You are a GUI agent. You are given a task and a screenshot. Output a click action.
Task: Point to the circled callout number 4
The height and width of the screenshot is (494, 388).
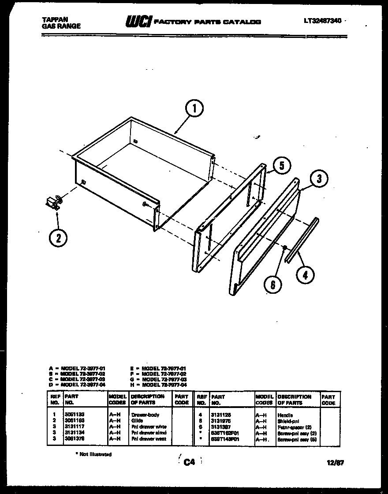(x=306, y=275)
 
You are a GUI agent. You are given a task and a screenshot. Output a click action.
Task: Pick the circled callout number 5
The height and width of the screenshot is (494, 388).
(x=282, y=166)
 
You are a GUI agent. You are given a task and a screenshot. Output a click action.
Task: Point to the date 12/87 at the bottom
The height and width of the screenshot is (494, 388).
(x=336, y=462)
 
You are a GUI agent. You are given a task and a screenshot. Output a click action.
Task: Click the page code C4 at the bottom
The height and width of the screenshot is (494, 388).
(x=189, y=462)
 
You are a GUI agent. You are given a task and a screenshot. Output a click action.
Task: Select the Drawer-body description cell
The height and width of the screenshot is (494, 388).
(x=145, y=415)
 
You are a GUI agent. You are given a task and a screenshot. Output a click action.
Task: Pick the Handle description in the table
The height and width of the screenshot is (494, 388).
(x=285, y=415)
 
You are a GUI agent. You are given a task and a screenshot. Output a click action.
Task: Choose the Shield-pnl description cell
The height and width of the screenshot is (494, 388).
(x=288, y=421)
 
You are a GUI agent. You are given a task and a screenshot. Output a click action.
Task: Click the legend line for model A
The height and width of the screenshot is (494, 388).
(x=77, y=368)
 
